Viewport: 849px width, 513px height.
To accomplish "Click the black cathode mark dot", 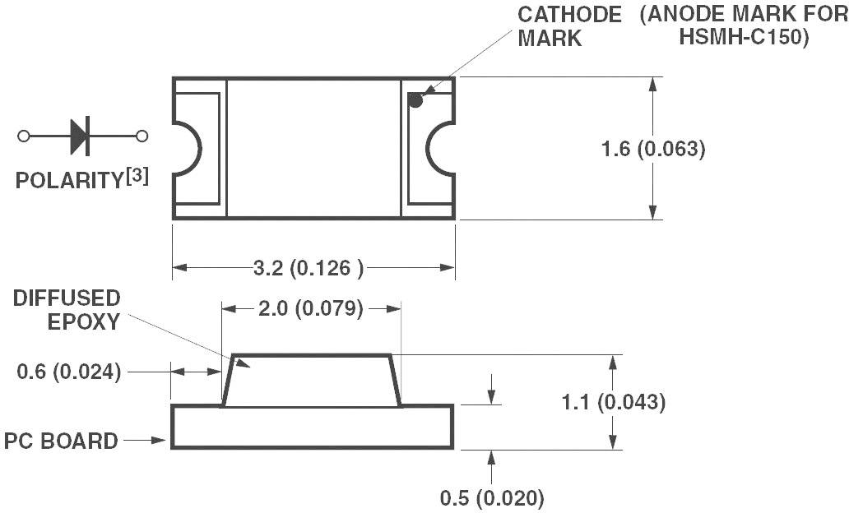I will (415, 101).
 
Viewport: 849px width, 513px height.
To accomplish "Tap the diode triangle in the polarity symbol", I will (78, 136).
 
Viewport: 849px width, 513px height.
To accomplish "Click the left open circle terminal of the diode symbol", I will (24, 136).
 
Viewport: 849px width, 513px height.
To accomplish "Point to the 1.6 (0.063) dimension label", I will (653, 150).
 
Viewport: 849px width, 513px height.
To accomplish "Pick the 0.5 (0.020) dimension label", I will (492, 498).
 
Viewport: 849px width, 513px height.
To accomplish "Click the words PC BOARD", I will (61, 441).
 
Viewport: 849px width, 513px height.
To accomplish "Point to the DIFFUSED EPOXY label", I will (67, 310).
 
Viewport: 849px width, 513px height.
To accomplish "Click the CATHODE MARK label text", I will (568, 26).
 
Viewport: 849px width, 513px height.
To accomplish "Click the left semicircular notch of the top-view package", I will (187, 149).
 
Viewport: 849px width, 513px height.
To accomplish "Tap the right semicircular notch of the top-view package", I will (440, 149).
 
